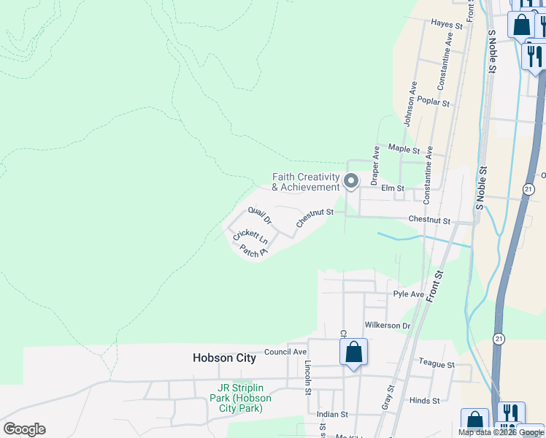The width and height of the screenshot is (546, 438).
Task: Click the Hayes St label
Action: pyautogui.click(x=447, y=25)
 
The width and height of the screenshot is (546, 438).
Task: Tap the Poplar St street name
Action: pyautogui.click(x=434, y=103)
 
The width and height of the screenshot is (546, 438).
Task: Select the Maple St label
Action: pyautogui.click(x=404, y=150)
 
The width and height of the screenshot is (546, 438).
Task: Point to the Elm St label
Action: pyautogui.click(x=392, y=188)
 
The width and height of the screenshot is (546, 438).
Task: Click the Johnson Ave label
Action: pyautogui.click(x=411, y=104)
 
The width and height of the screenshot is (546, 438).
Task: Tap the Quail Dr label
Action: pyautogui.click(x=259, y=215)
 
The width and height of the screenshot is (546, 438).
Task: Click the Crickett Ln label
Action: pyautogui.click(x=250, y=237)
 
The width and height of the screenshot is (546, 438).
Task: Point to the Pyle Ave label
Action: pyautogui.click(x=408, y=294)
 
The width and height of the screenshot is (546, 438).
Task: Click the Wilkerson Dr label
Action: pyautogui.click(x=387, y=326)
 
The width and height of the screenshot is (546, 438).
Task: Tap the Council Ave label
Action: pyautogui.click(x=285, y=352)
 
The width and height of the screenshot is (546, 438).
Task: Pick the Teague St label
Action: pyautogui.click(x=437, y=364)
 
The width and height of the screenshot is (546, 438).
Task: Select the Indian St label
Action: pyautogui.click(x=333, y=414)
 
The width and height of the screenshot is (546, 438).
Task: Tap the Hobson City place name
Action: pyautogui.click(x=224, y=358)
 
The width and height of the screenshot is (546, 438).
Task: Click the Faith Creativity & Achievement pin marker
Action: pyautogui.click(x=351, y=180)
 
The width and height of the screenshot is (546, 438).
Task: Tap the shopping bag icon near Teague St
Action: pyautogui.click(x=353, y=353)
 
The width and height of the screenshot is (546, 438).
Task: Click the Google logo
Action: pyautogui.click(x=25, y=429)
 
